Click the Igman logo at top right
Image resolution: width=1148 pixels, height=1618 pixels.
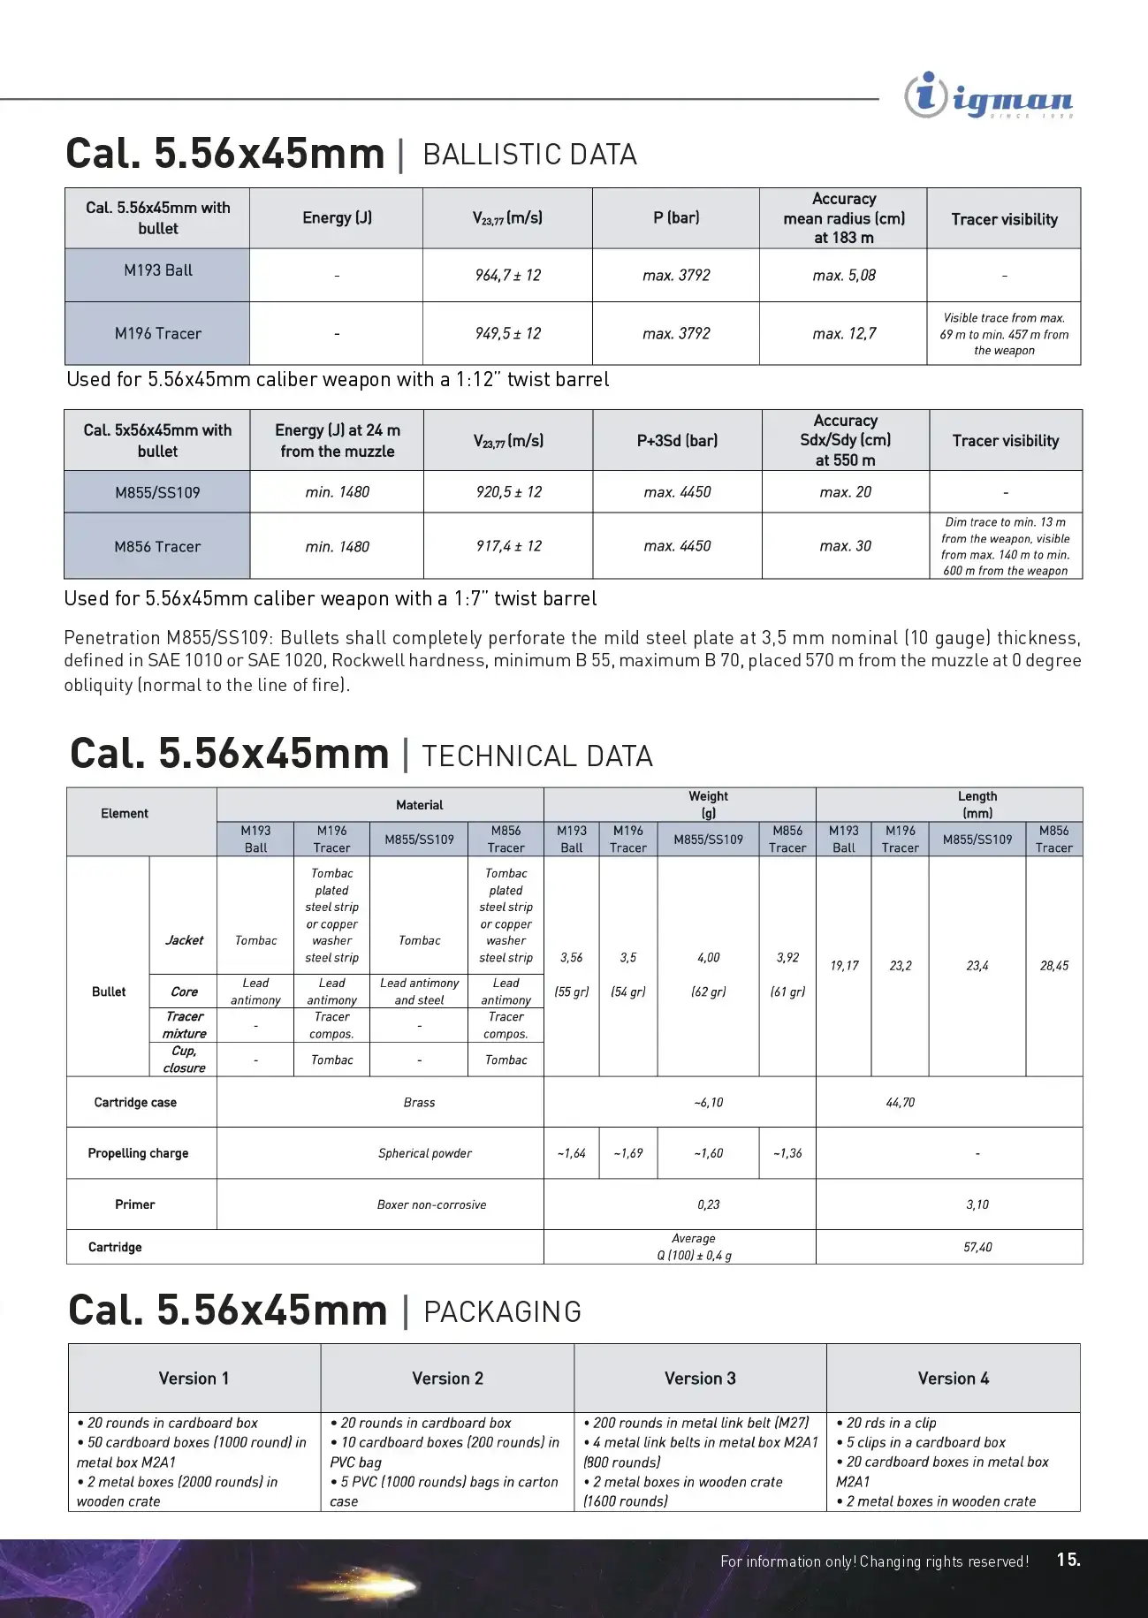988,96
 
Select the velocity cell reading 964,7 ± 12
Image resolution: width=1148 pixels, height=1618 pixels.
507,276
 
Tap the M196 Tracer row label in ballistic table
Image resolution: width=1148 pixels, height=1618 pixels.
157,333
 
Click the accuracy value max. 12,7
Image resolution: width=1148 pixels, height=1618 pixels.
844,333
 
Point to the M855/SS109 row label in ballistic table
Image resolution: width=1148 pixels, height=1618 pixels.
157,492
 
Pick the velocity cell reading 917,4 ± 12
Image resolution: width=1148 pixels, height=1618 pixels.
508,546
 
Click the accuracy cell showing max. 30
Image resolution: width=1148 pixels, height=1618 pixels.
845,546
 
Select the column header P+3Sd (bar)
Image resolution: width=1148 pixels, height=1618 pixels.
677,440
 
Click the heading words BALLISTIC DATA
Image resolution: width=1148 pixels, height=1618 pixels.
529,155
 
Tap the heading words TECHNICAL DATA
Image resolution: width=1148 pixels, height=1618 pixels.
537,756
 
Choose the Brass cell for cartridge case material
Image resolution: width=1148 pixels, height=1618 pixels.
419,1102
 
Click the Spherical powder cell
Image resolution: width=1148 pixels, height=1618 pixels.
425,1153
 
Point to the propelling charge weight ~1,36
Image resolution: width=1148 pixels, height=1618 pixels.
787,1153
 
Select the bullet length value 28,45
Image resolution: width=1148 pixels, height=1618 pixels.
1053,966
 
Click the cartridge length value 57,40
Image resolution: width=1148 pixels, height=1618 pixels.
977,1247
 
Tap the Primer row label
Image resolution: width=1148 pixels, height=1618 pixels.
134,1204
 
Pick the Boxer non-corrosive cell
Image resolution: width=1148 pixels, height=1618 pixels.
431,1204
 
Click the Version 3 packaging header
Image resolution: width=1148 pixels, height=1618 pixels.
700,1379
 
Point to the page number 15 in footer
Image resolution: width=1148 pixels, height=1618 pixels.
1068,1560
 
